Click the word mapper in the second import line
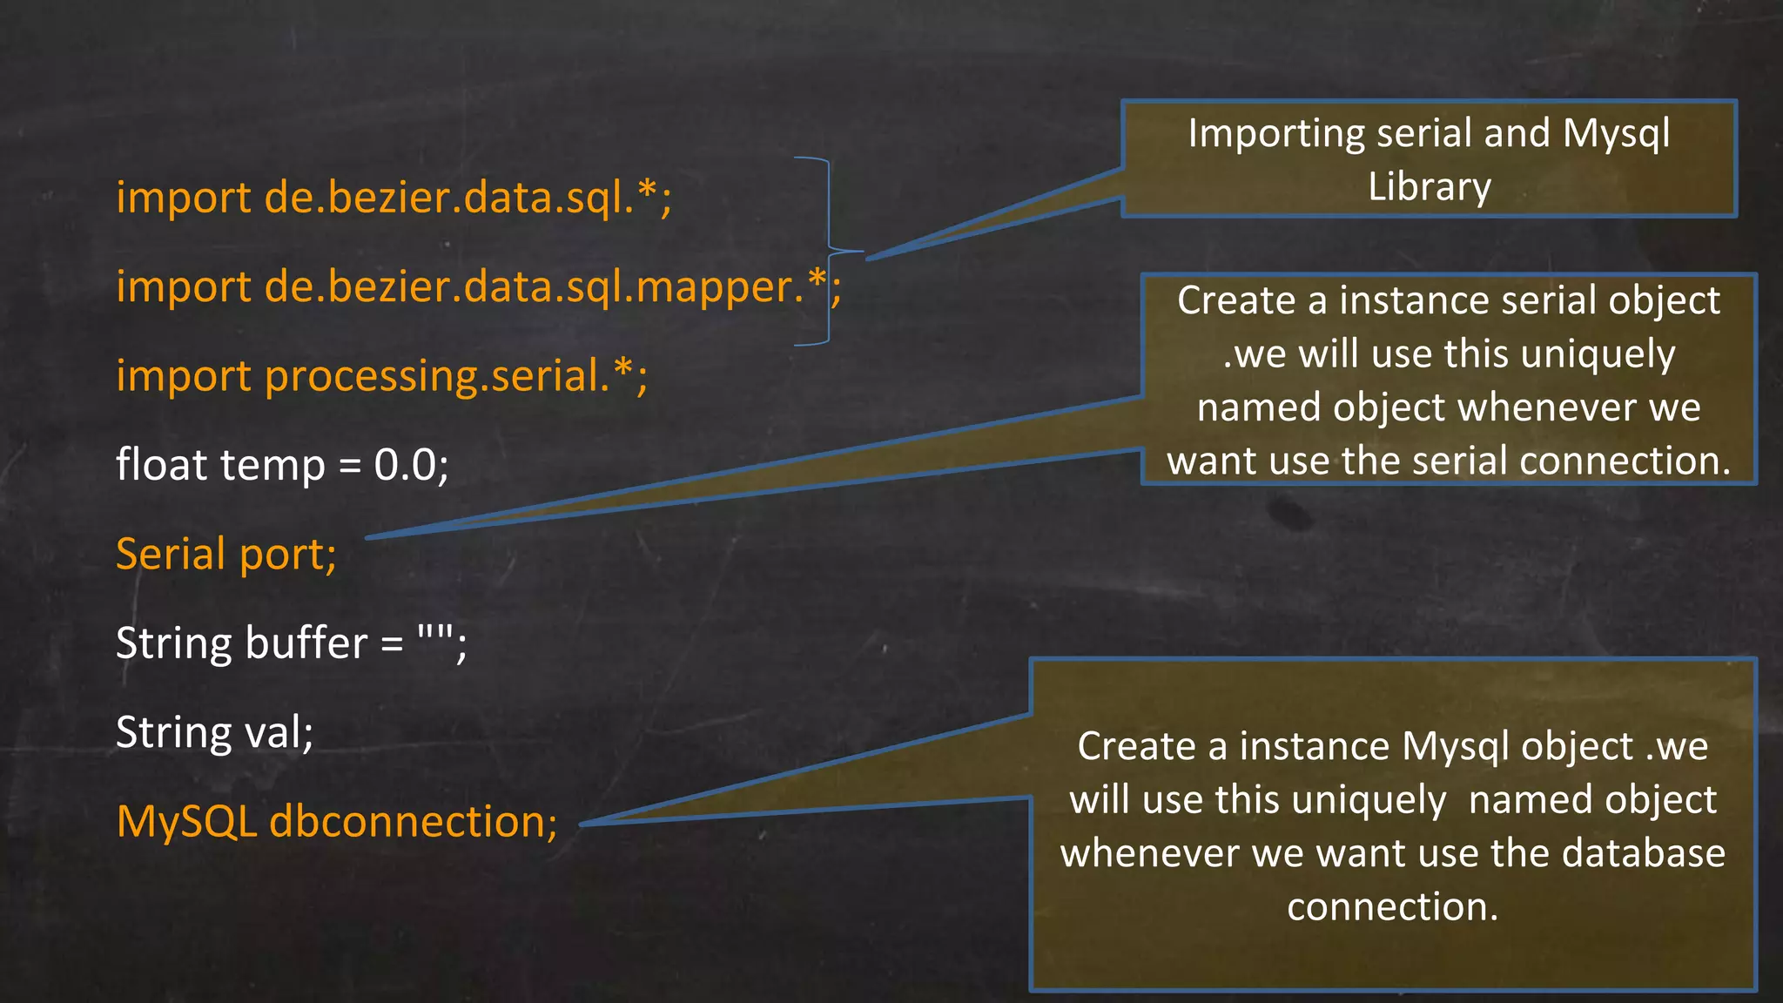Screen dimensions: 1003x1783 [714, 288]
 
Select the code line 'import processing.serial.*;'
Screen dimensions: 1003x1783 [381, 376]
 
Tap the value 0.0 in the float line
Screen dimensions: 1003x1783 [405, 465]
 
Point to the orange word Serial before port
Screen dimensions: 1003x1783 [171, 555]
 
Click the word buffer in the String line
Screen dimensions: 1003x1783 [306, 643]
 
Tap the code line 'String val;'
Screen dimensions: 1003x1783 [214, 732]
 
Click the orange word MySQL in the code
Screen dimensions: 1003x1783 [186, 822]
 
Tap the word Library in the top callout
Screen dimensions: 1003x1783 [1430, 188]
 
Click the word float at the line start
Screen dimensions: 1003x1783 [161, 465]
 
